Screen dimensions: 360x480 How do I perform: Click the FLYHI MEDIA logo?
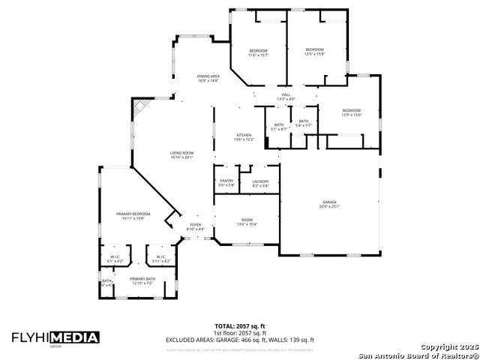pyautogui.click(x=55, y=337)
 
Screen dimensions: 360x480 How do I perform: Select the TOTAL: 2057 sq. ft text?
pyautogui.click(x=239, y=327)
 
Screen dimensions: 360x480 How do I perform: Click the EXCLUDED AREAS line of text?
pyautogui.click(x=239, y=340)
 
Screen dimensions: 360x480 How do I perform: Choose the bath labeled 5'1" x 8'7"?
pyautogui.click(x=279, y=127)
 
